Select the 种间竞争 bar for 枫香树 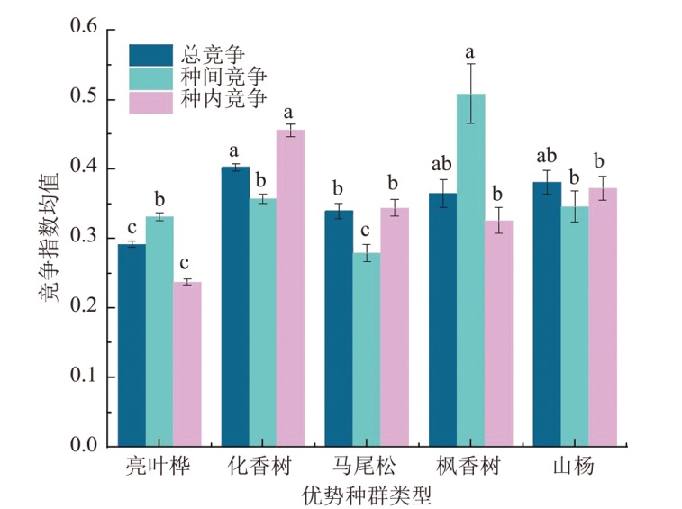(x=470, y=270)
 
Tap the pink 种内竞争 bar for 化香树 (x=289, y=288)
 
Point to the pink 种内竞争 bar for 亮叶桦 (x=187, y=364)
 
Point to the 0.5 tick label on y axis (x=84, y=98)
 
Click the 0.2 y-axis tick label (x=84, y=307)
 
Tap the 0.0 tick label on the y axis (x=84, y=446)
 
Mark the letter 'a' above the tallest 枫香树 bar (x=469, y=51)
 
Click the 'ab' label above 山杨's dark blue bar (x=546, y=155)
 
